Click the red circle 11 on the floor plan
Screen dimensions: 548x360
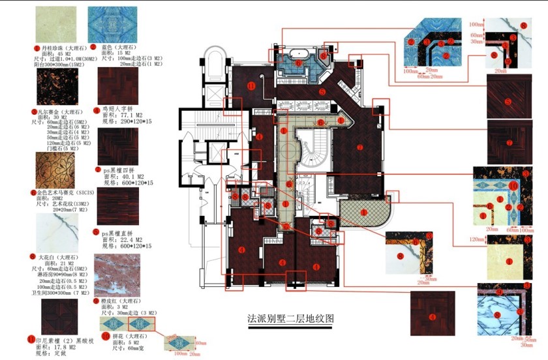251,86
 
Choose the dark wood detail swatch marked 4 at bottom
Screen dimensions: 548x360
432,315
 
